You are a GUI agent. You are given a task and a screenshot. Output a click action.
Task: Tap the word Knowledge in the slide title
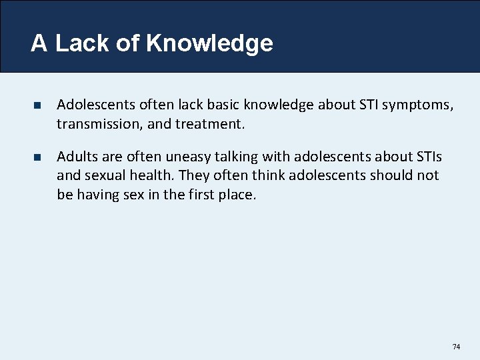(x=209, y=43)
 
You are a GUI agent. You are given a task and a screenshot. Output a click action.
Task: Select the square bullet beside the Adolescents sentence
(x=38, y=105)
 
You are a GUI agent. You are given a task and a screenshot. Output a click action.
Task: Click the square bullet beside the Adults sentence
(x=38, y=157)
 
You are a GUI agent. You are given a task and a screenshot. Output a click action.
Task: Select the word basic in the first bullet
(x=205, y=105)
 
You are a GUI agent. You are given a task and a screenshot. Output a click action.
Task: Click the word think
(x=269, y=175)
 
